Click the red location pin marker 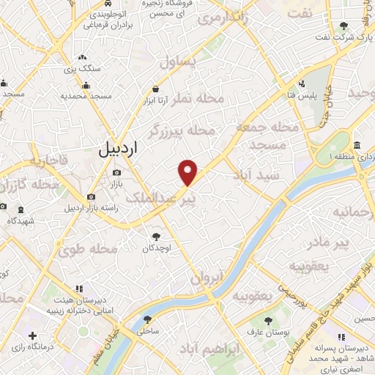188,172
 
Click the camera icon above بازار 116,173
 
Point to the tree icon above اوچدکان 156,236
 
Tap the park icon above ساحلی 148,319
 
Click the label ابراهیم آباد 234,351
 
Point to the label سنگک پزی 82,68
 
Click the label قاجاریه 48,158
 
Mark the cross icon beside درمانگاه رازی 32,335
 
